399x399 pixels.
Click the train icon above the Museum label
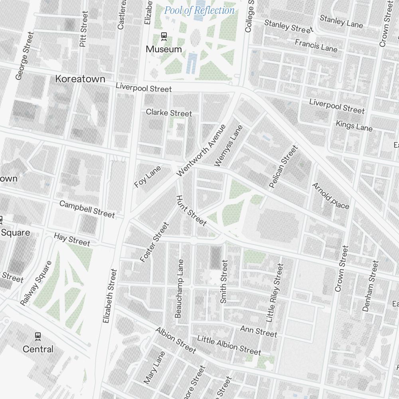click(164, 37)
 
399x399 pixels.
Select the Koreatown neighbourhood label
click(80, 79)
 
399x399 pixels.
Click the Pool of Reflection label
click(199, 10)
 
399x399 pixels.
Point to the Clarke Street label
click(169, 113)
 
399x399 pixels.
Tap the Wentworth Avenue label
click(201, 150)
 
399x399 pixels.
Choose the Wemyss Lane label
click(228, 146)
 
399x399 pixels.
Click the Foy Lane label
click(148, 177)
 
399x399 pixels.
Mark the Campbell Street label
click(87, 209)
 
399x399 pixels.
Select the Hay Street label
click(72, 240)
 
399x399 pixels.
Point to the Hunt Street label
click(191, 211)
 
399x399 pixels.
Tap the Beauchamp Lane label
click(179, 288)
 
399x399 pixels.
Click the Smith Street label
click(224, 281)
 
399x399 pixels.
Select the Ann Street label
click(258, 331)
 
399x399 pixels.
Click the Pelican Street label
click(283, 166)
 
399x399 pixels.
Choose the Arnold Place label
click(330, 196)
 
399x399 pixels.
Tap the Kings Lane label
click(354, 126)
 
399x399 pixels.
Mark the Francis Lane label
click(316, 45)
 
